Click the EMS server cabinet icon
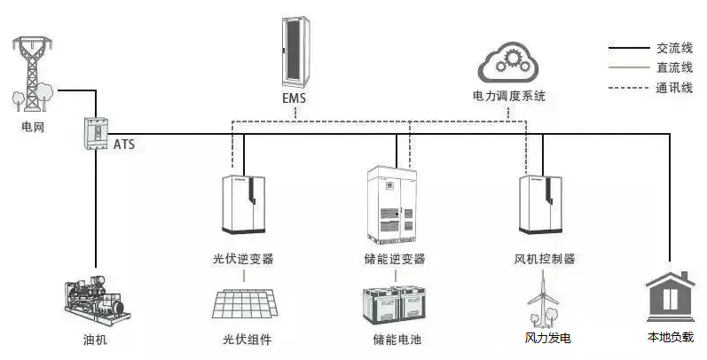(x=294, y=50)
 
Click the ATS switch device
(x=95, y=132)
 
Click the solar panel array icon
(x=247, y=304)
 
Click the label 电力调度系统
(x=509, y=95)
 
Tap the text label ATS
(x=124, y=143)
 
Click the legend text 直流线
(x=674, y=67)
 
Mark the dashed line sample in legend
(x=626, y=88)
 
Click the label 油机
(x=95, y=340)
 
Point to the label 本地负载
(x=670, y=338)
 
